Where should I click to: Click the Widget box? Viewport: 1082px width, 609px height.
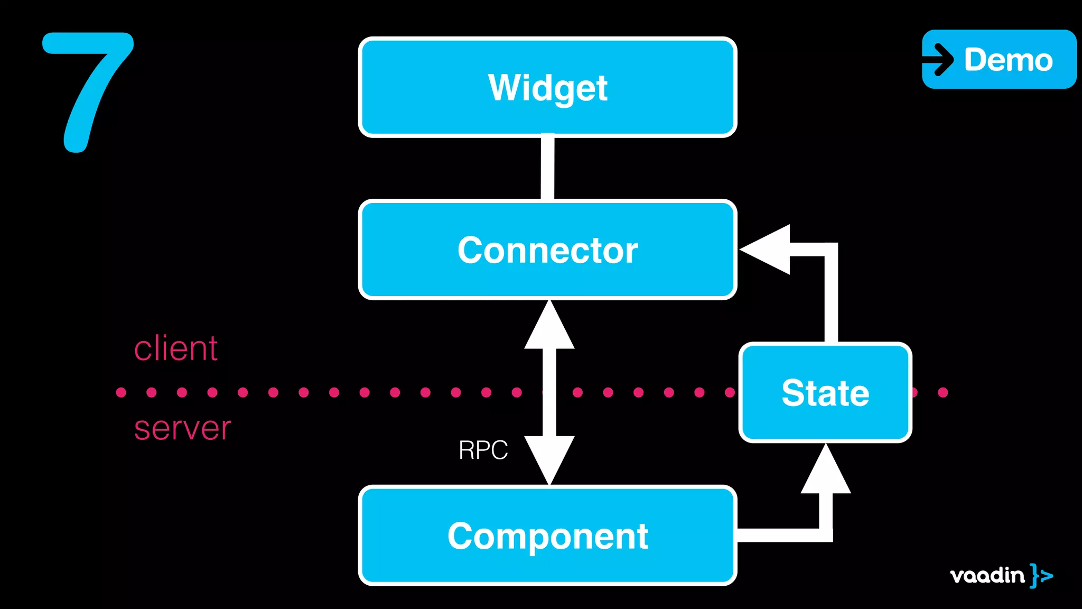(547, 87)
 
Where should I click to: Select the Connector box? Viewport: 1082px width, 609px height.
(547, 250)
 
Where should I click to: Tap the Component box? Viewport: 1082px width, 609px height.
(547, 535)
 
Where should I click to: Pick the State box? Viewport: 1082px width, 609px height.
(825, 392)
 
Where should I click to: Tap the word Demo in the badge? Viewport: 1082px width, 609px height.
(1008, 59)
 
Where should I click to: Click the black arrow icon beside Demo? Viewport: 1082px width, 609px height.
(939, 59)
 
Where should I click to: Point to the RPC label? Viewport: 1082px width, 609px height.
(483, 450)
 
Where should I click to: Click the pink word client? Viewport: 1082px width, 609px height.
(176, 349)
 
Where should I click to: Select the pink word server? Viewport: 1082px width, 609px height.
(182, 428)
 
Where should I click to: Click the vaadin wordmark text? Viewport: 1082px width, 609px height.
(987, 575)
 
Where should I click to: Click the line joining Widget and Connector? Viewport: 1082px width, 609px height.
(547, 168)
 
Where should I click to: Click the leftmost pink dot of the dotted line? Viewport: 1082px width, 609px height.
(121, 392)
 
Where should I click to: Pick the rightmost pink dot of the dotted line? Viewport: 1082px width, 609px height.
(943, 392)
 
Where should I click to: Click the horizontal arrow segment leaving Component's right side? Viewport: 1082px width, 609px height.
(779, 535)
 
